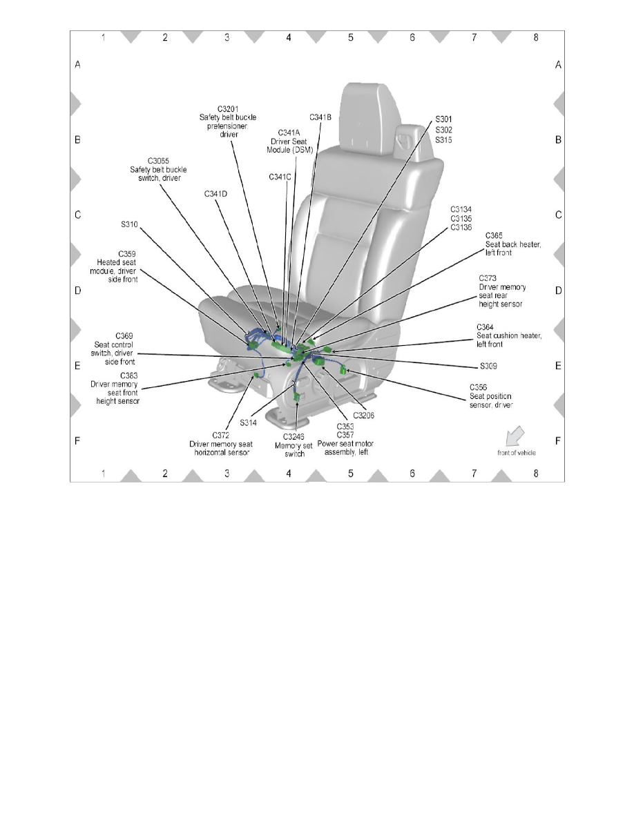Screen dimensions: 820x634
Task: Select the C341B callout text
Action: pyautogui.click(x=320, y=117)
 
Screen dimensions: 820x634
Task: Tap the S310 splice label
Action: pyautogui.click(x=129, y=224)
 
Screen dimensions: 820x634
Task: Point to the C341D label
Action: pyautogui.click(x=215, y=194)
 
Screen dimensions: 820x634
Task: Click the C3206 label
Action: pyautogui.click(x=363, y=415)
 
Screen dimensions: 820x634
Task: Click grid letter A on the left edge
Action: pyautogui.click(x=78, y=65)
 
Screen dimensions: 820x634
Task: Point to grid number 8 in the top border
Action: pyautogui.click(x=536, y=38)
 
